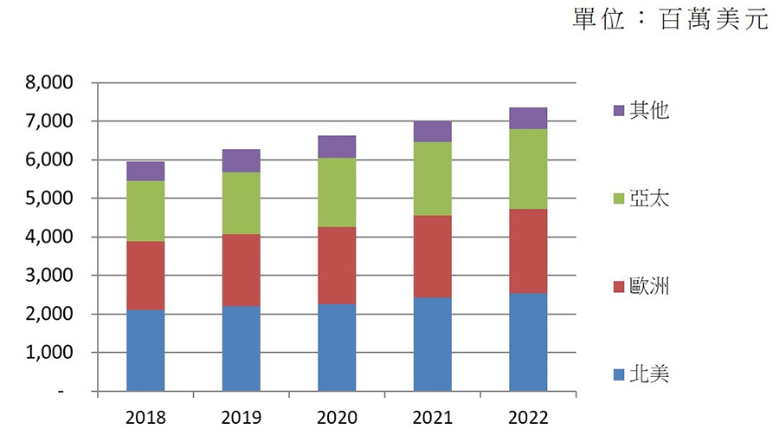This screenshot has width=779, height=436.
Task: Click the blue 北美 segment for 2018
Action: [145, 350]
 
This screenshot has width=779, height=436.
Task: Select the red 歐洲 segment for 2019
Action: [241, 270]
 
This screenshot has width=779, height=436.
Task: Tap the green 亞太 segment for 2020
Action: [337, 192]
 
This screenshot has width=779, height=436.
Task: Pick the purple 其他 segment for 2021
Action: [432, 132]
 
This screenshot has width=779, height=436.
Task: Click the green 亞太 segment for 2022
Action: [528, 169]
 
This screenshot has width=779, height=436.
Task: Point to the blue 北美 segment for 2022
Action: [528, 342]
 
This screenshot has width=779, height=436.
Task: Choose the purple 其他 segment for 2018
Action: [145, 171]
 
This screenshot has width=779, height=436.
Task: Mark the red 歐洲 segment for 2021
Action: [432, 257]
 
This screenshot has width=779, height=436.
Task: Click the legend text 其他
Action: [649, 110]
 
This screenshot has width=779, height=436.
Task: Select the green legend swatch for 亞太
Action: [618, 199]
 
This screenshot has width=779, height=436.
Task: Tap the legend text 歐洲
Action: [649, 286]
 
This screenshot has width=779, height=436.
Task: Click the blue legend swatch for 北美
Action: [618, 375]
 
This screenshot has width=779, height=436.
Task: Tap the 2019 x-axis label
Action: [241, 418]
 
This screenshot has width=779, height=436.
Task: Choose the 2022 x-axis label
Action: [528, 418]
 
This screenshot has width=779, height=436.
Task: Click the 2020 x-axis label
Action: [337, 418]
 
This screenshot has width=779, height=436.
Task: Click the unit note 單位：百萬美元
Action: [670, 19]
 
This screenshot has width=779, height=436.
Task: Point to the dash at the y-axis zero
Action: [61, 392]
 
